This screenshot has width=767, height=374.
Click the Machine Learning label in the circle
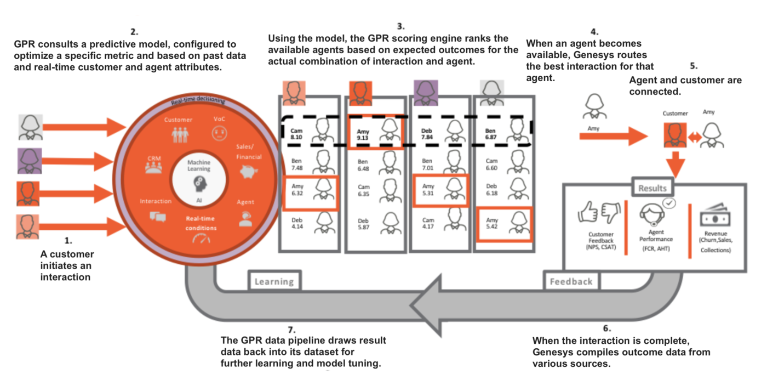(x=199, y=166)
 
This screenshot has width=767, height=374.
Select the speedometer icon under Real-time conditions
(x=201, y=240)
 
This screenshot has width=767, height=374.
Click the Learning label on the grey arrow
(x=274, y=282)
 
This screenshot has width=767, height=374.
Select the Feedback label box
(x=571, y=281)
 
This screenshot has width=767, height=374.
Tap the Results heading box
(x=652, y=188)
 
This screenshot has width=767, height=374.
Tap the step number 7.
(x=291, y=330)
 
